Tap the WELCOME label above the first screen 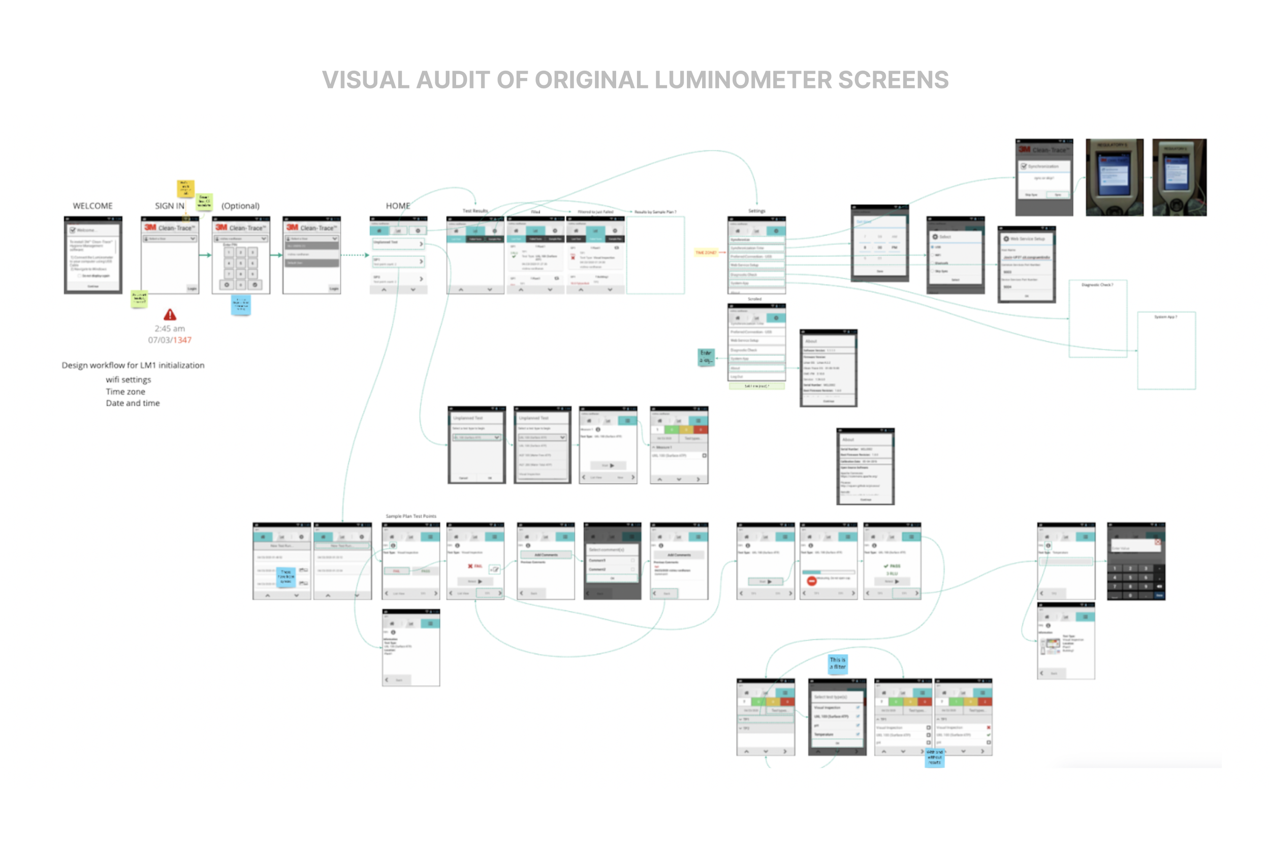92,206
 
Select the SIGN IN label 169,206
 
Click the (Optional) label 240,206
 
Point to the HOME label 398,206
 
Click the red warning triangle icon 170,315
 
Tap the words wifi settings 129,380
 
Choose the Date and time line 133,403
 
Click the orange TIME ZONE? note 706,252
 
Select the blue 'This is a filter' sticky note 838,663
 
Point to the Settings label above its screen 756,211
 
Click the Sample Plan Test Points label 411,516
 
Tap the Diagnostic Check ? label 1097,284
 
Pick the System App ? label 1166,317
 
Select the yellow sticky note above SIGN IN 185,188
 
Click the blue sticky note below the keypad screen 240,305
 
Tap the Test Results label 475,211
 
